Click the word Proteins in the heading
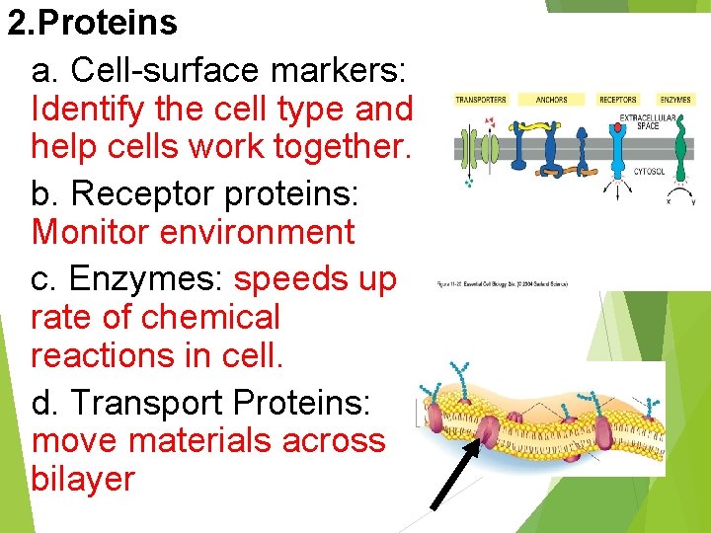(112, 23)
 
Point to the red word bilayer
(83, 479)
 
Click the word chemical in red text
(211, 317)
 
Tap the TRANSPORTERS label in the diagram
(481, 100)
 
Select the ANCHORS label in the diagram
(551, 100)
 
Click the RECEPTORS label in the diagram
(618, 100)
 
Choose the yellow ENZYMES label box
(675, 100)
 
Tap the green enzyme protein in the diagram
(679, 148)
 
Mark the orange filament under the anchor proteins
(553, 173)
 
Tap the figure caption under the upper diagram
(502, 285)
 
